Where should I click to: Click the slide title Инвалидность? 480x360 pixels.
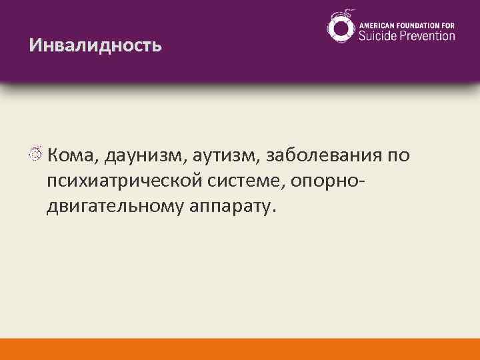coord(95,45)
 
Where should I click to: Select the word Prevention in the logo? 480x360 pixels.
coord(427,35)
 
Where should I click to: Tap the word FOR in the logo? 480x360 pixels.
coord(448,25)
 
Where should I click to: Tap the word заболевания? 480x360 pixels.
coord(324,156)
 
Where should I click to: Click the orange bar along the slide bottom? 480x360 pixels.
coord(240,349)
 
